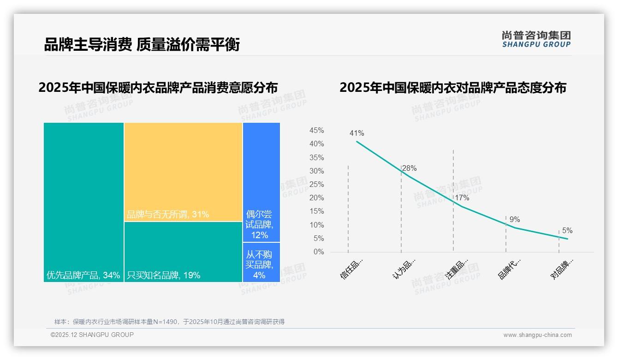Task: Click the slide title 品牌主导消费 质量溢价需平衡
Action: [142, 44]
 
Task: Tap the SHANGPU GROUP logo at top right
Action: [536, 39]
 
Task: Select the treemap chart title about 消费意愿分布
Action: [158, 88]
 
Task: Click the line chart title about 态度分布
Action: [452, 88]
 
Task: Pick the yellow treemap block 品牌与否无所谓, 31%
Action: [183, 172]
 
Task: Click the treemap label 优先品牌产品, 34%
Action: [83, 276]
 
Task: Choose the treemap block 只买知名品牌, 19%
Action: [164, 276]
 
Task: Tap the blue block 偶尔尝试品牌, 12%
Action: [261, 225]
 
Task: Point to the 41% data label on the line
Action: [357, 133]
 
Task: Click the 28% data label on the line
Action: [409, 168]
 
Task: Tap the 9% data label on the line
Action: [514, 220]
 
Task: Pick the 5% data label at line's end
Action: [567, 231]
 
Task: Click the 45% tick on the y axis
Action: [316, 131]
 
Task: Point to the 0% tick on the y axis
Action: [319, 252]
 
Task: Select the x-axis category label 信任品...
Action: [351, 269]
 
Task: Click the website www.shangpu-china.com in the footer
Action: [537, 335]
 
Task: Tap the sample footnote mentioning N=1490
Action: [169, 322]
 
